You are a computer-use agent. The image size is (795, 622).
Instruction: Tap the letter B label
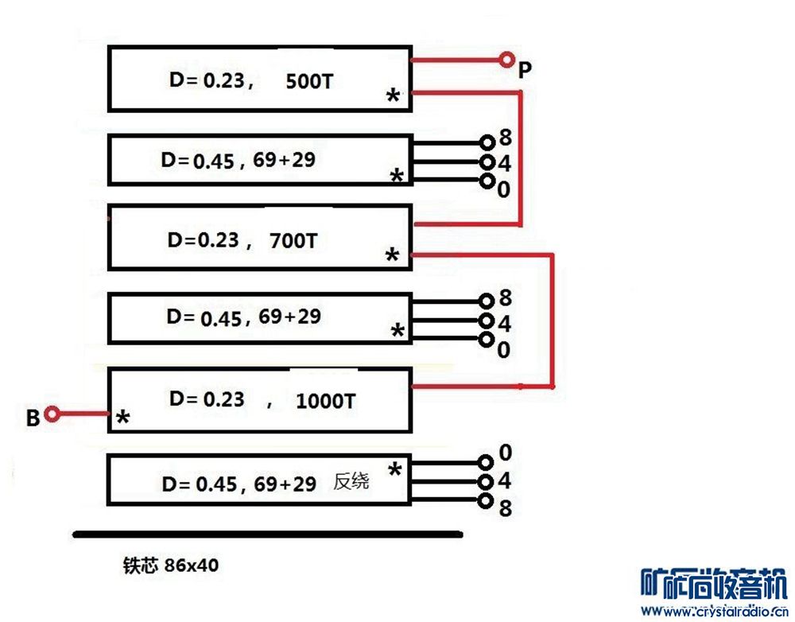tap(33, 418)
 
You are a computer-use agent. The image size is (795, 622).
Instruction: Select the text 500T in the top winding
tap(308, 82)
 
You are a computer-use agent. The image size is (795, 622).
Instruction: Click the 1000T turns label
tap(325, 401)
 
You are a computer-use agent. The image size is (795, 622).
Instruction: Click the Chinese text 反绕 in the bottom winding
tap(351, 482)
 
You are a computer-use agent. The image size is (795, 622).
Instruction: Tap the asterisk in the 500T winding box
tap(392, 98)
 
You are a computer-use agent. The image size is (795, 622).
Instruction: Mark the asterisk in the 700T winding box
tap(391, 256)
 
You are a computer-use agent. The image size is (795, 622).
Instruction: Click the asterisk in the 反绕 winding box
tap(394, 470)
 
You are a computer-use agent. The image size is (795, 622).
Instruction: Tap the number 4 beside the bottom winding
tap(505, 481)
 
